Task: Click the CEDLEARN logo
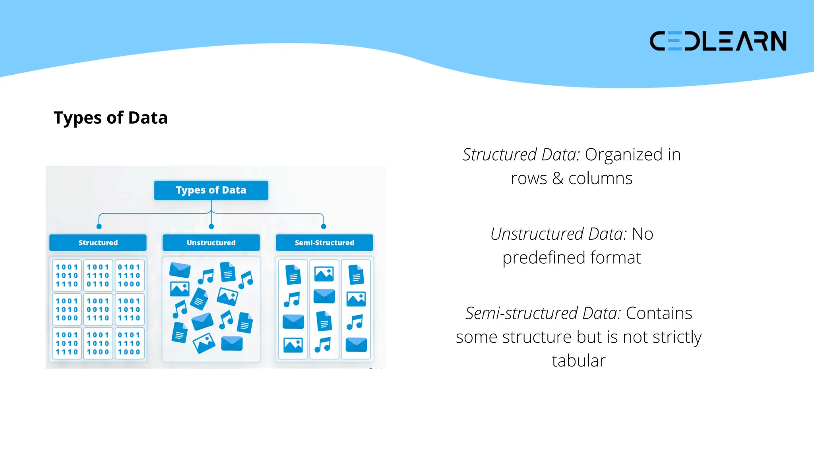[x=718, y=41]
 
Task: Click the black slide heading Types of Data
[x=110, y=118]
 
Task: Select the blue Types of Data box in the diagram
[x=211, y=190]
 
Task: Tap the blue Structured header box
[x=98, y=243]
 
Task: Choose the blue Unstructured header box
[x=211, y=243]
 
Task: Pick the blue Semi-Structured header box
[x=324, y=243]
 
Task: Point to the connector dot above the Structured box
[x=99, y=227]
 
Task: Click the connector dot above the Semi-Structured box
[x=324, y=227]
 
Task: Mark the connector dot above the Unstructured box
[x=211, y=227]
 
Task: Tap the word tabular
[x=578, y=361]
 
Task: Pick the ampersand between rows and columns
[x=558, y=179]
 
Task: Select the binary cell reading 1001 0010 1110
[x=98, y=309]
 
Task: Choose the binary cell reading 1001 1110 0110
[x=98, y=276]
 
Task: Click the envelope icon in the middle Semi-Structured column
[x=324, y=296]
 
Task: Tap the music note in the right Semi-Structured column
[x=355, y=322]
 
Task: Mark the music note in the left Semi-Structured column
[x=292, y=299]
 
